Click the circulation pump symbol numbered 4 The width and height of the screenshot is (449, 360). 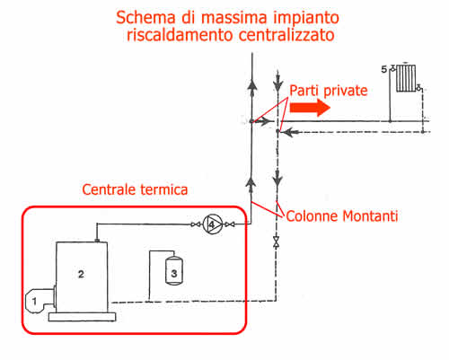pos(213,224)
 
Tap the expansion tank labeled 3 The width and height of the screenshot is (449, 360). pos(174,270)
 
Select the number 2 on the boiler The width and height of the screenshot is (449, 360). pos(81,274)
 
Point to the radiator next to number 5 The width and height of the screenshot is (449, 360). pos(406,78)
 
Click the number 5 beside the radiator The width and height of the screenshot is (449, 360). pos(383,69)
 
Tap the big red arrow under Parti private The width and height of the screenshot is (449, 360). pos(310,108)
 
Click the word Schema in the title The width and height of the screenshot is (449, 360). pos(145,17)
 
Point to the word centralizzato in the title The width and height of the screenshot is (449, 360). pos(286,35)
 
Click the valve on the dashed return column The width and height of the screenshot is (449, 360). pos(276,242)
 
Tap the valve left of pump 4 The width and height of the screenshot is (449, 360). pos(196,224)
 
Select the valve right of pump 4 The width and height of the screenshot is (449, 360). pos(230,224)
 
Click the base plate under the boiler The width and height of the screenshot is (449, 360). pos(82,317)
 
